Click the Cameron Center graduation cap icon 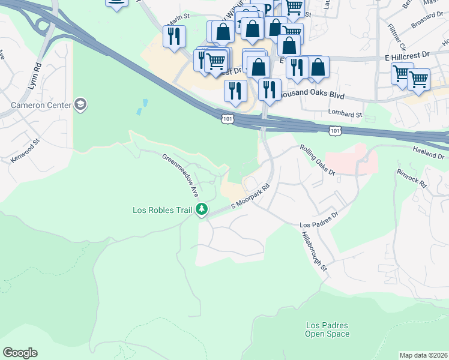tap(80, 106)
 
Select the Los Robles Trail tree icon tap(202, 209)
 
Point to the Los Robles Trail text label tap(162, 210)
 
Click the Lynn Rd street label tap(33, 76)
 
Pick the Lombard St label tap(345, 113)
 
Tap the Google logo tap(20, 353)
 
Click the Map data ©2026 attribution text tap(423, 355)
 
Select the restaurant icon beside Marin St tap(174, 37)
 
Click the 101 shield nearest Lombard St tap(335, 130)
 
